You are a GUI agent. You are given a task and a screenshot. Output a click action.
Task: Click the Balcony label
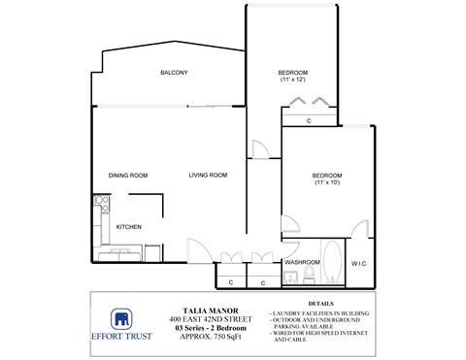coord(174,74)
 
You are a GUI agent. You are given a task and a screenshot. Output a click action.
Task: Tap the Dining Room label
coord(127,175)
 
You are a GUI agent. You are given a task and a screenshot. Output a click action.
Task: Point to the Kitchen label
coord(129,227)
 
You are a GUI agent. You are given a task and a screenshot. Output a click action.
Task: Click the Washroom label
coord(302,262)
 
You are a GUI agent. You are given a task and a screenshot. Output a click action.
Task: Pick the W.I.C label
coord(357,262)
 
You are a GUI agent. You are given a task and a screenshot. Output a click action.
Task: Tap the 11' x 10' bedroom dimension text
coord(326,182)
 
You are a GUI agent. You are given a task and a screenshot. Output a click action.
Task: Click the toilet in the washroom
coord(308,278)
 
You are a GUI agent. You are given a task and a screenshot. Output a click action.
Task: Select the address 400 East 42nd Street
coord(204,319)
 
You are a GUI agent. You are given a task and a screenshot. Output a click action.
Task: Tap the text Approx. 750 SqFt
coord(204,337)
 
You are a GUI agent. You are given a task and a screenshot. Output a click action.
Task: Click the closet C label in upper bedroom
coord(308,121)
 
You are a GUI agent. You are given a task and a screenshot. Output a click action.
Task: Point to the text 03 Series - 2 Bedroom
coord(204,328)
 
